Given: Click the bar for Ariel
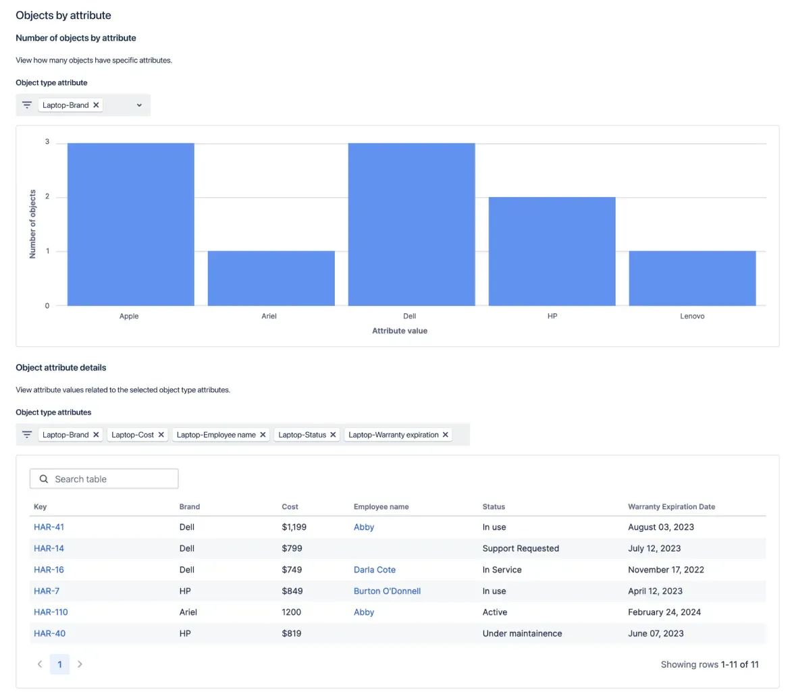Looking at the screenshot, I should click(x=271, y=278).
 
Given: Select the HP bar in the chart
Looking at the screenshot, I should click(x=552, y=251).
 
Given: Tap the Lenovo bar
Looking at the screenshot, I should click(x=692, y=278).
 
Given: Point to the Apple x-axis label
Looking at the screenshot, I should click(x=129, y=316).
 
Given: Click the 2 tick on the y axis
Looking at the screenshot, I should click(x=47, y=197).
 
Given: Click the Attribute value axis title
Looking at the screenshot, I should click(x=400, y=331).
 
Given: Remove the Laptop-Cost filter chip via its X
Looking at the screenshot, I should click(x=161, y=435).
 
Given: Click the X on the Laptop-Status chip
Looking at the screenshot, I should click(x=333, y=435).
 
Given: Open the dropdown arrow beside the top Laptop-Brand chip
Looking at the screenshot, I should click(x=139, y=105).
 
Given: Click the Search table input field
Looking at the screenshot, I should click(x=105, y=479).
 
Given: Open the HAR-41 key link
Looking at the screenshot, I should click(x=49, y=527).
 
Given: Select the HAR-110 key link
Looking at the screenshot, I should click(x=51, y=612).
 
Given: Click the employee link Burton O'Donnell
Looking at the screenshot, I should click(x=387, y=591).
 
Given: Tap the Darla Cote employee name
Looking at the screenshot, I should click(x=374, y=570).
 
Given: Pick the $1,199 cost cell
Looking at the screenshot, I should click(x=294, y=527).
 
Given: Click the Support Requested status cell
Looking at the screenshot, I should click(x=521, y=548).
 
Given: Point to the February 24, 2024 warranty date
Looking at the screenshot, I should click(x=664, y=612).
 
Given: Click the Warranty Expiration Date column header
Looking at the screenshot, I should click(x=671, y=506).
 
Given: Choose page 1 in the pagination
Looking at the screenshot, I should click(x=59, y=664).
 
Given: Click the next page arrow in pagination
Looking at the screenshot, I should click(x=80, y=664).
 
